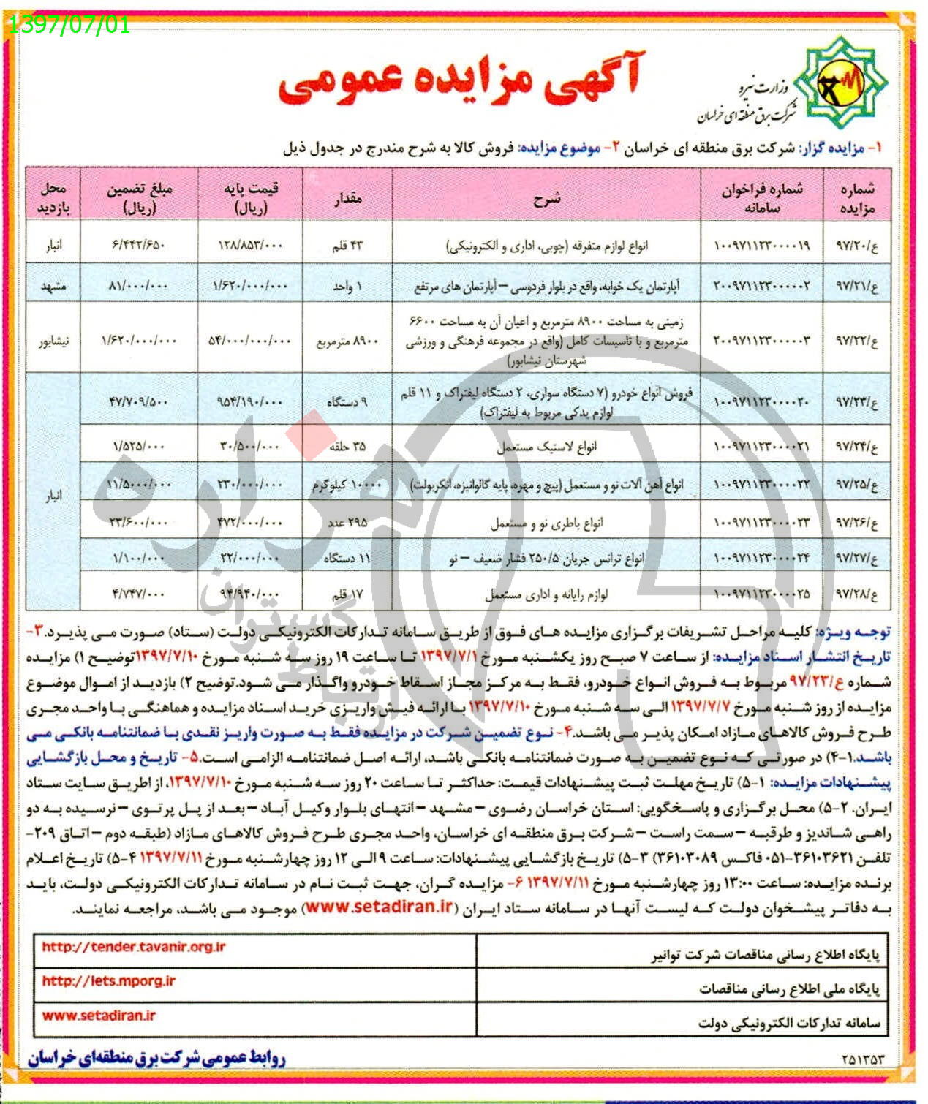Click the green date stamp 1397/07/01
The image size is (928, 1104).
click(67, 25)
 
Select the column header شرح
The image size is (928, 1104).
click(546, 198)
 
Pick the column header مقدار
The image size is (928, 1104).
click(347, 198)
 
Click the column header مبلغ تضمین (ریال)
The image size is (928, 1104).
click(139, 198)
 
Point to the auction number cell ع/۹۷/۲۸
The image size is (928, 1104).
click(856, 593)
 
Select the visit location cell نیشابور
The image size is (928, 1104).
click(53, 341)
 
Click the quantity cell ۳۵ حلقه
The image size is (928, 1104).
click(347, 446)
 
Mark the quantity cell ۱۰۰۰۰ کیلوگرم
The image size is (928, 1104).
click(347, 485)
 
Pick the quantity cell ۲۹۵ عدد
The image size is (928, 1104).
click(347, 522)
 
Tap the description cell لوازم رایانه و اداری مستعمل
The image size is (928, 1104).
click(546, 594)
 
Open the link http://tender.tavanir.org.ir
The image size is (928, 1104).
click(134, 947)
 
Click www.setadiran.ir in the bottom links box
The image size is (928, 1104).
click(99, 1016)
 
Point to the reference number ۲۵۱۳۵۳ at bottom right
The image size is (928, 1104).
click(863, 1059)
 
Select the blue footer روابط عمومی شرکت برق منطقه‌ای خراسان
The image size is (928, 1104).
click(156, 1058)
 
